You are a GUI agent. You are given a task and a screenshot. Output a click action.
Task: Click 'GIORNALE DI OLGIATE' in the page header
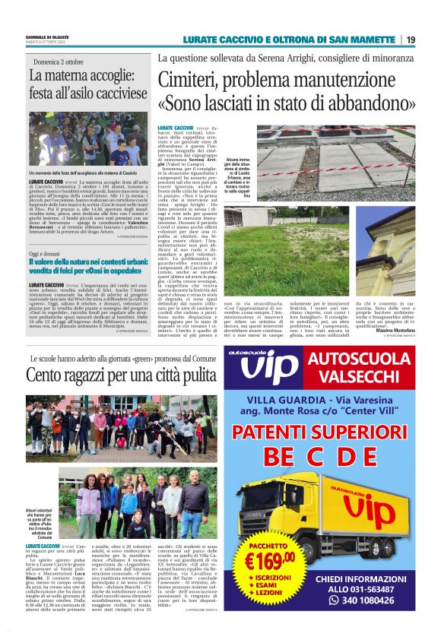[x=47, y=36]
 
